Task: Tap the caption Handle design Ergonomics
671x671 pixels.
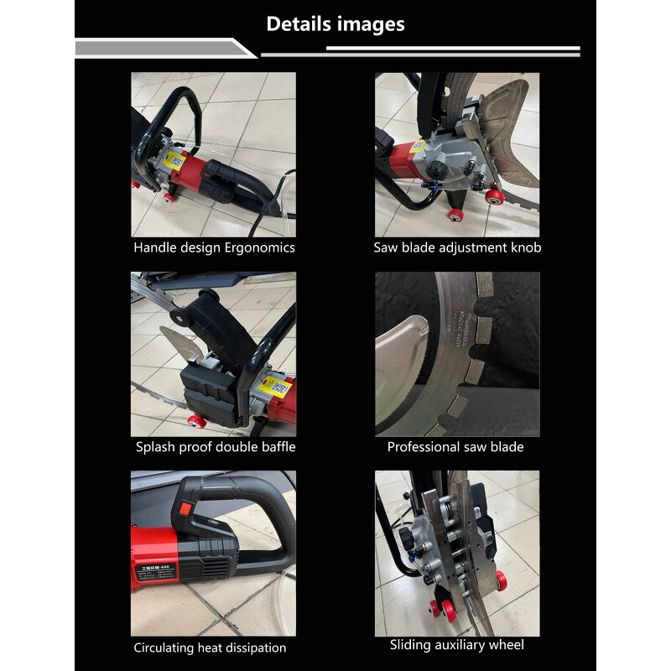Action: (x=214, y=248)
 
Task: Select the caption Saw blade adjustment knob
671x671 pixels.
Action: (x=457, y=248)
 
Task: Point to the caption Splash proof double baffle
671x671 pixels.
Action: (x=216, y=447)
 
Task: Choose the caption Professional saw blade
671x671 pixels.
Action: (x=455, y=447)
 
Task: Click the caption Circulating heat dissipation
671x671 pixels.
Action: (x=210, y=648)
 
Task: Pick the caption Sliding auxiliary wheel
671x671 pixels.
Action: (x=456, y=645)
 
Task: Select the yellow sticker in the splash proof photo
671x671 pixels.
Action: (x=277, y=388)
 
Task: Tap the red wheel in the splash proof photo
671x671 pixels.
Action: (x=198, y=420)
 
